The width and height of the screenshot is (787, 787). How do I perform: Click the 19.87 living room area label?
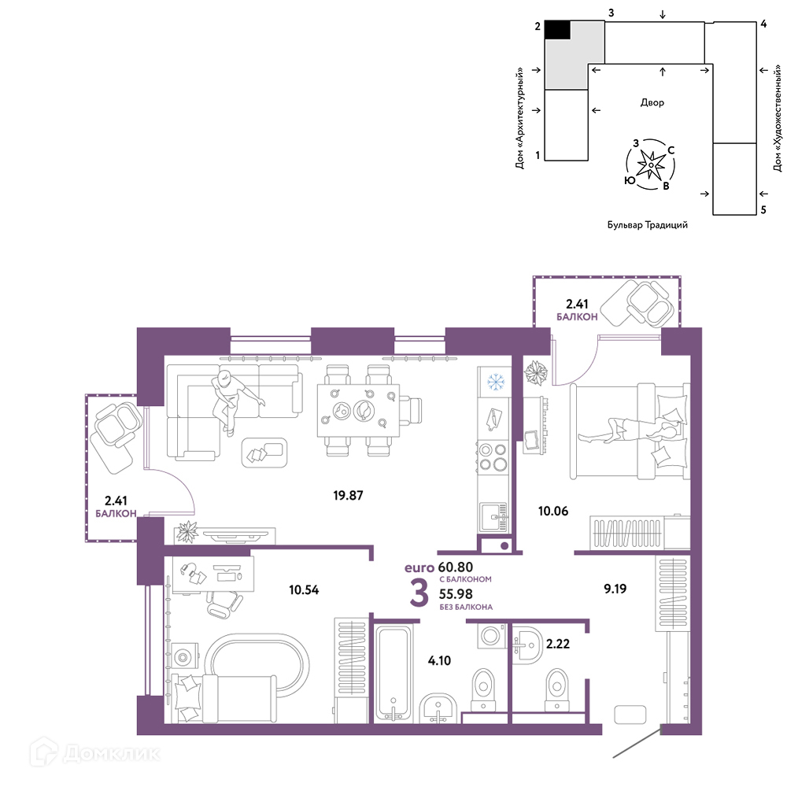pyautogui.click(x=348, y=495)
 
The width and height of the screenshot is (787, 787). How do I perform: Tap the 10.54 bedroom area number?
pyautogui.click(x=304, y=589)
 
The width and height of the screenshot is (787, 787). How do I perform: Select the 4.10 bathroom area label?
pyautogui.click(x=439, y=660)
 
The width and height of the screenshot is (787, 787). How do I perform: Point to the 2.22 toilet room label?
pyautogui.click(x=558, y=644)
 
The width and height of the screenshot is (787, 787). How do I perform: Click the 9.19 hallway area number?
pyautogui.click(x=615, y=588)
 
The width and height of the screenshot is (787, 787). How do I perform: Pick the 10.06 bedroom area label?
pyautogui.click(x=553, y=511)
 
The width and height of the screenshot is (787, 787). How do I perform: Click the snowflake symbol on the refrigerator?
pyautogui.click(x=496, y=382)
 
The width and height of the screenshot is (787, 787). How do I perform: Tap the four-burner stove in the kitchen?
pyautogui.click(x=493, y=456)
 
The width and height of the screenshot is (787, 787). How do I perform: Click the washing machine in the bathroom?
pyautogui.click(x=491, y=636)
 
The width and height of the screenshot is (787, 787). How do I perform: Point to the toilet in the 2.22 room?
pyautogui.click(x=556, y=689)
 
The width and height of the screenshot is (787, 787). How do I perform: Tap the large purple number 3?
pyautogui.click(x=419, y=593)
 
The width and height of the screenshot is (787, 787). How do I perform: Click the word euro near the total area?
pyautogui.click(x=419, y=567)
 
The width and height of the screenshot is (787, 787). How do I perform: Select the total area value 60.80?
pyautogui.click(x=455, y=567)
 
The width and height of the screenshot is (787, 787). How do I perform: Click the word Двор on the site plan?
pyautogui.click(x=652, y=102)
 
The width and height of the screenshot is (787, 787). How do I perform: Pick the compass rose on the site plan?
pyautogui.click(x=651, y=164)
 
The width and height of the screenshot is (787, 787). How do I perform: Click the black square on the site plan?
pyautogui.click(x=558, y=30)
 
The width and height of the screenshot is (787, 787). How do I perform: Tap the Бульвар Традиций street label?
pyautogui.click(x=648, y=225)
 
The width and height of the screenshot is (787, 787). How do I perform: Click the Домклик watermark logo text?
pyautogui.click(x=111, y=753)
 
